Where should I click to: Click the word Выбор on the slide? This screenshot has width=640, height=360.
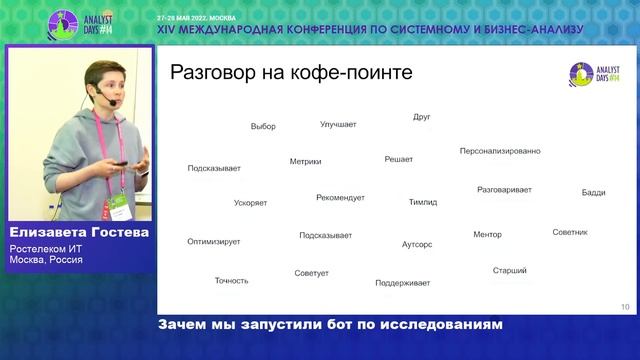pos(263,127)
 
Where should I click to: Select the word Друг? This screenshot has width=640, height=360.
pos(421,117)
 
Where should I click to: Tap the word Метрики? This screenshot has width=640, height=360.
pos(305,161)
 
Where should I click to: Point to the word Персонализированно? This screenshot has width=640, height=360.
pos(500,151)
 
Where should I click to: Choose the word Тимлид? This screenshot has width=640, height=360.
pos(422,202)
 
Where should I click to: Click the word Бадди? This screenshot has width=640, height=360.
pos(593,192)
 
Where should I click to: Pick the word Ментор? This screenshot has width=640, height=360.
pos(487,235)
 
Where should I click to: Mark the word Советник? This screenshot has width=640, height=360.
pos(569,232)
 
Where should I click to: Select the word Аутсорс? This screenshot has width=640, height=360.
pos(417,244)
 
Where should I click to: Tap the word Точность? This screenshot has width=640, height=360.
pos(231,280)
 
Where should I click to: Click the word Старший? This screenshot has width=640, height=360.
pos(509,270)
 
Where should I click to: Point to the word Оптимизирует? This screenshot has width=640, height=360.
pos(213,241)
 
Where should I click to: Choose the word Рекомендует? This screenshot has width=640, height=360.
pos(340,197)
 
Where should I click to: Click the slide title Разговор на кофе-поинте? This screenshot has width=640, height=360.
pos(291,73)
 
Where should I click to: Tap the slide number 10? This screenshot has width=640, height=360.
pos(625,307)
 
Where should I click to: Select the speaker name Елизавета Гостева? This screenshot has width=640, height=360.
pos(77,233)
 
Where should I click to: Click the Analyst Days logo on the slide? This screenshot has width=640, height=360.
pos(594,72)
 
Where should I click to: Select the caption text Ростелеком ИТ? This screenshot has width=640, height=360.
pos(45,250)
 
